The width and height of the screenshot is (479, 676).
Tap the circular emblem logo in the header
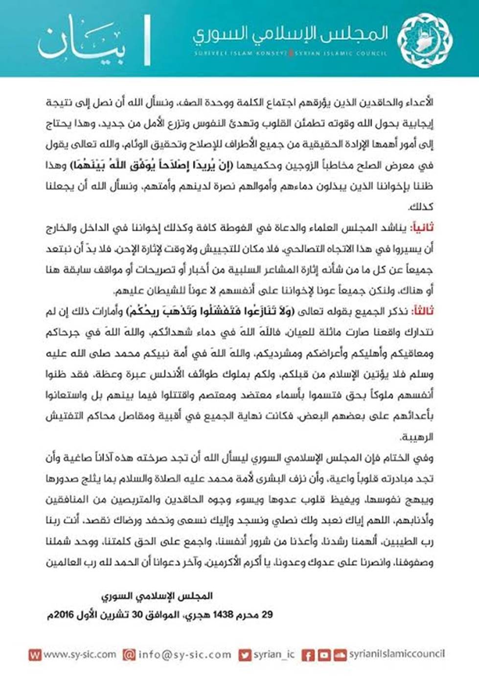(x=424, y=40)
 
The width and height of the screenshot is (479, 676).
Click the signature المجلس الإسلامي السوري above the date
(x=157, y=596)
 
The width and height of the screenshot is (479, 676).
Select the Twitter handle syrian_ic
(x=274, y=654)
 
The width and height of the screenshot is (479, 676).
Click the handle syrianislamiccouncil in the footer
(x=397, y=654)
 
